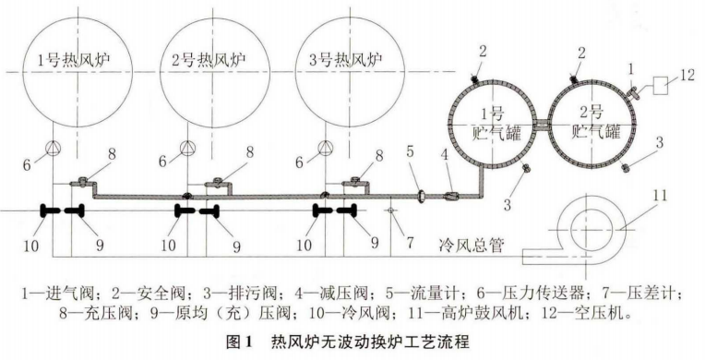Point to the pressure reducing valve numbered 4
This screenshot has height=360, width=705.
pyautogui.click(x=453, y=195)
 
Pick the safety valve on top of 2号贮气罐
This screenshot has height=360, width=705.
pyautogui.click(x=574, y=80)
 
